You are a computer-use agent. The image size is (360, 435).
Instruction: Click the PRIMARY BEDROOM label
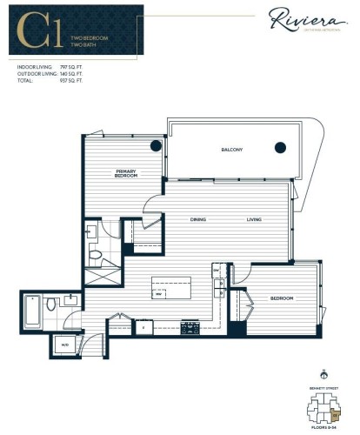point(127,174)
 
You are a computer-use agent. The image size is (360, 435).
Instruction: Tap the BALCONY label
point(230,151)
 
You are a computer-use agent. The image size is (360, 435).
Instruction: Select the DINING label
point(199,219)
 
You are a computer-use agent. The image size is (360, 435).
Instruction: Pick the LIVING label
point(254,219)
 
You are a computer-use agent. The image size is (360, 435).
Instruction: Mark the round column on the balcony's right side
point(281,147)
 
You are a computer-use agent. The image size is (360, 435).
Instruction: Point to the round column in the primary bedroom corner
point(156,145)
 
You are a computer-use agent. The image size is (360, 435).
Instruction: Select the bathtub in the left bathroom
point(32,311)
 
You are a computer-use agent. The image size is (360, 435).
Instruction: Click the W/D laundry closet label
point(65,345)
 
